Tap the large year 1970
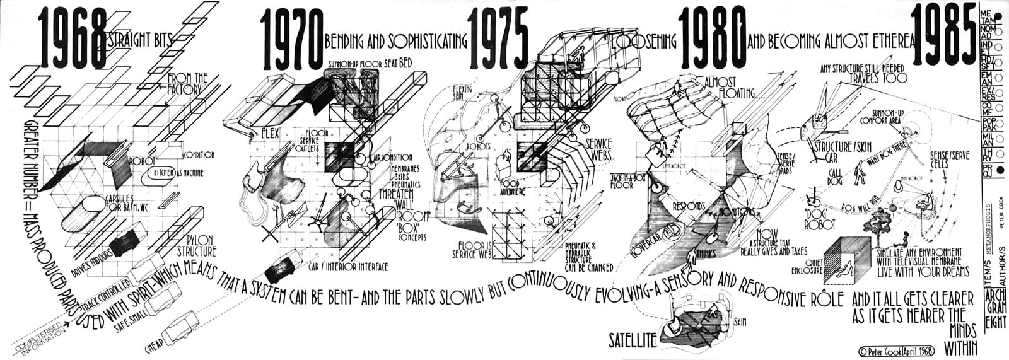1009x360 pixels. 291,40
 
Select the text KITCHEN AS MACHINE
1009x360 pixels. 177,173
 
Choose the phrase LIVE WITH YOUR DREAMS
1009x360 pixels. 923,271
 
